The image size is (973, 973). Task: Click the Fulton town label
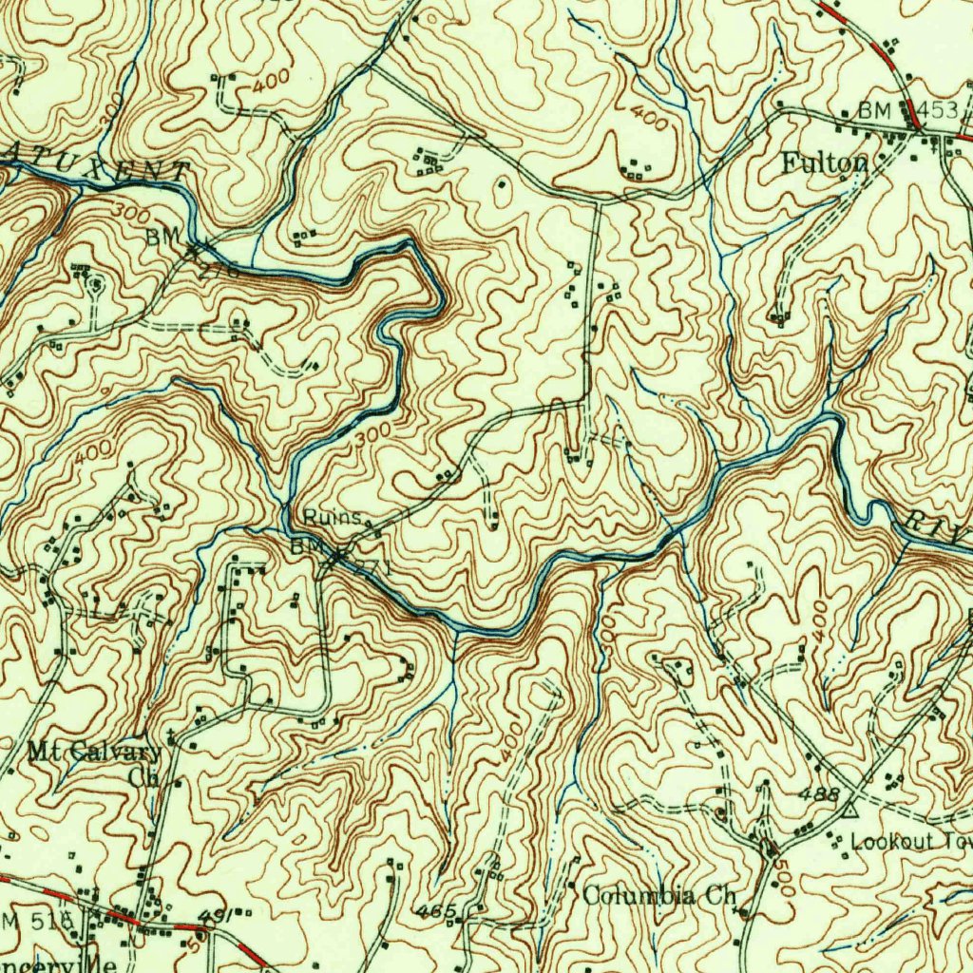[x=824, y=163]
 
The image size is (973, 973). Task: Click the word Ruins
[x=333, y=518]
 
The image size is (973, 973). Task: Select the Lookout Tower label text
[x=907, y=842]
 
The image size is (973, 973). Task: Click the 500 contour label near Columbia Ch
[x=785, y=879]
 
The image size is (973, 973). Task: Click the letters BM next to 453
[x=873, y=110]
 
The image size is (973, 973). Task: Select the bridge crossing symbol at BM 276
[x=193, y=252]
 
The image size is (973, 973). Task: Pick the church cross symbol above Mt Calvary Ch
[x=171, y=736]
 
